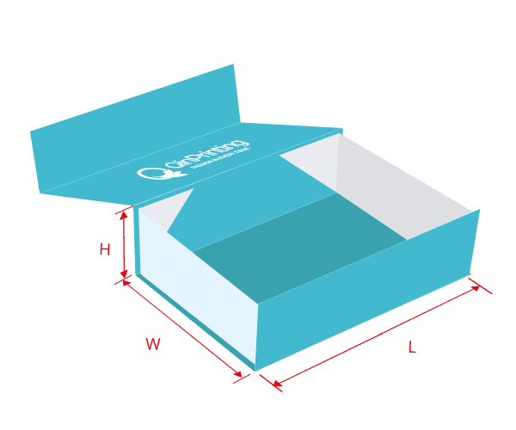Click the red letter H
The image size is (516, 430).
pos(105,250)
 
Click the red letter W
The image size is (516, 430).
pos(153,345)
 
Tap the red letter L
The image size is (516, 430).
pos(412,347)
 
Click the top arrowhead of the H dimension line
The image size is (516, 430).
pos(126,213)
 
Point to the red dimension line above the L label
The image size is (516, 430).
pos(378,335)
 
